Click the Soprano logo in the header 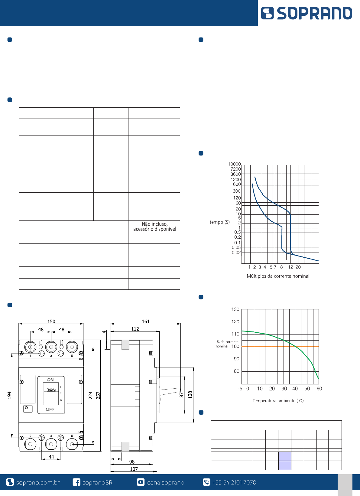point(306,13)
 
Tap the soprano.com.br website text point(38,482)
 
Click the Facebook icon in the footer point(76,482)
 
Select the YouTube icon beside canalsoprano point(141,482)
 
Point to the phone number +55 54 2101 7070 point(234,482)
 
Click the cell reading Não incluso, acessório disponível point(155,227)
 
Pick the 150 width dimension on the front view point(51,321)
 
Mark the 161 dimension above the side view point(146,321)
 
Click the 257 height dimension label point(98,395)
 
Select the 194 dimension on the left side point(9,395)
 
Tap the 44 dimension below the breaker point(51,457)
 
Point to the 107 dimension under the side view point(134,469)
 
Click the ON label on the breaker point(50,380)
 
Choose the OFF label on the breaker point(50,410)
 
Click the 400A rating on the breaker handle point(51,390)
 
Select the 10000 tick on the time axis point(234,164)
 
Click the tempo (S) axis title point(220,222)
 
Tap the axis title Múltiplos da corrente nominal point(278,276)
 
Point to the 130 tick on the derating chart point(235,309)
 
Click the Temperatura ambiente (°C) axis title point(278,400)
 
